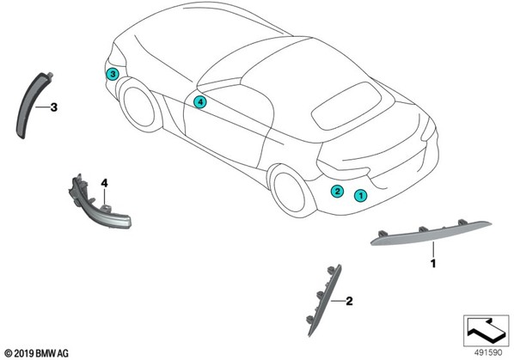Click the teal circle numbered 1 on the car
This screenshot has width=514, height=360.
(361, 196)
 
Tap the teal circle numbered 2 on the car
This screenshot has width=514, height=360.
(337, 191)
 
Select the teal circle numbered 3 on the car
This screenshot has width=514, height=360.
(113, 75)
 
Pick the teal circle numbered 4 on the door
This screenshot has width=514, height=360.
(200, 102)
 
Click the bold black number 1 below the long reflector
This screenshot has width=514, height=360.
(433, 264)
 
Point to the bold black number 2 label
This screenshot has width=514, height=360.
(350, 301)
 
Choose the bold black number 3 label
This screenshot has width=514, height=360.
(54, 107)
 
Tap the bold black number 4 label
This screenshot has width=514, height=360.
(104, 183)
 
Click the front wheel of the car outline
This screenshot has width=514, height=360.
(137, 106)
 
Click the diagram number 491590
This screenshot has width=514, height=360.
(488, 353)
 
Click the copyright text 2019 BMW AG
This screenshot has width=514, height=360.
(37, 353)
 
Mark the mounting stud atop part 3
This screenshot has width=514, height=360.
(50, 74)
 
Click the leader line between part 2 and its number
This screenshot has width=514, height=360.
(338, 301)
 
